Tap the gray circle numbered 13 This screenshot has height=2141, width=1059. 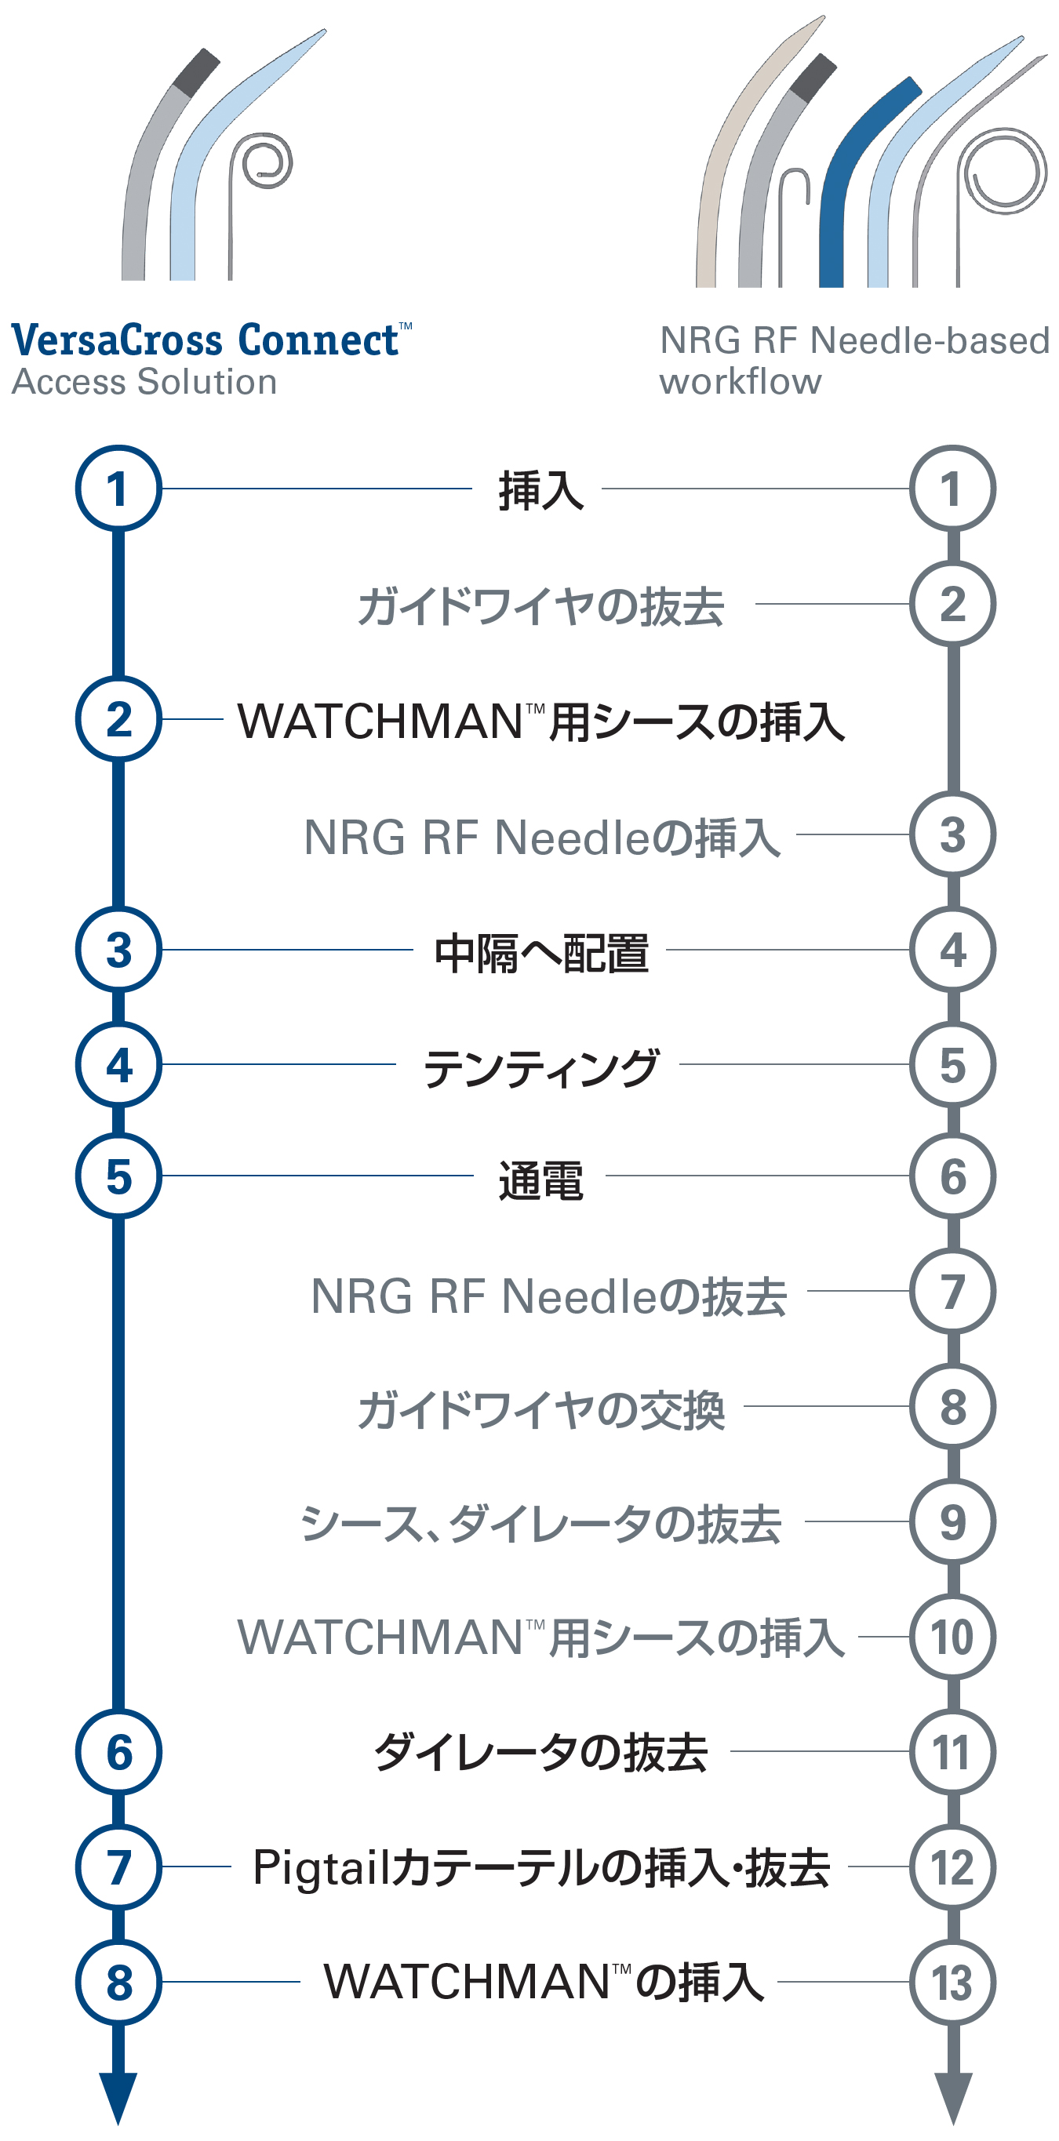[952, 1983]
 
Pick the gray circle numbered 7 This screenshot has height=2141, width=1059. [952, 1292]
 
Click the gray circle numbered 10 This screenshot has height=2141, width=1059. [952, 1638]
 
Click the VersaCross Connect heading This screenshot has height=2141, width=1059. [208, 341]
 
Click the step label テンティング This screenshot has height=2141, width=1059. [541, 1067]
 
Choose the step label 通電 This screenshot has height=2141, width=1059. [541, 1180]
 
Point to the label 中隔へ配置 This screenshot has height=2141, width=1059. [541, 951]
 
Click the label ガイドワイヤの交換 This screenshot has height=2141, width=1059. [541, 1409]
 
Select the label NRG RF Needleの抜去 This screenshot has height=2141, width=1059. [548, 1296]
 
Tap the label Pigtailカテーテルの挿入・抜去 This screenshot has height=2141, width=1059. [541, 1868]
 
